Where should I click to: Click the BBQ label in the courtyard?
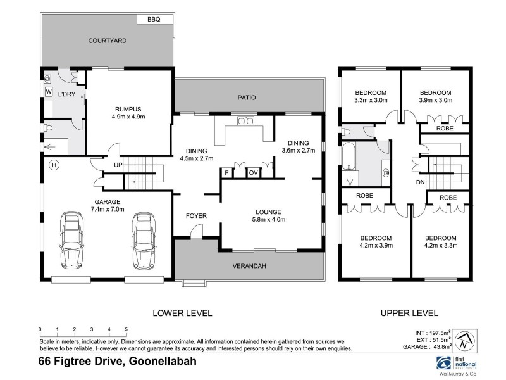[154, 20]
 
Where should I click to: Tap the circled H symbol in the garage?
[54, 165]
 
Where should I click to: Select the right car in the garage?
[144, 241]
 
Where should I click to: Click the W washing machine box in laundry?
[49, 92]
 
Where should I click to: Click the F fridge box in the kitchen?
[226, 172]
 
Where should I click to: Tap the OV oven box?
[253, 172]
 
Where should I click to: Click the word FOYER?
[196, 216]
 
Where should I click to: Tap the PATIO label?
[246, 98]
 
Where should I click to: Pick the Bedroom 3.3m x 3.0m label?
[370, 96]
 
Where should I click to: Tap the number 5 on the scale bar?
[126, 329]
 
